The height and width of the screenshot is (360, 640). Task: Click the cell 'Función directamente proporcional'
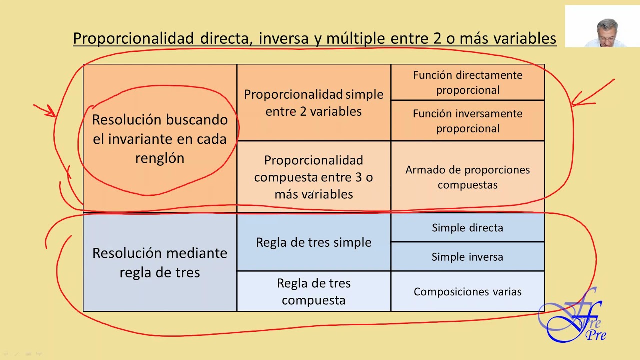pos(467,82)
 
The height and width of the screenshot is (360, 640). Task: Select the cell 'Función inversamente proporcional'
pos(467,121)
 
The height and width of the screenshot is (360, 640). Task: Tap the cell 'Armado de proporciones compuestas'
pos(467,177)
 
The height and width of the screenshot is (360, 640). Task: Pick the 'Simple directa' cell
pos(467,228)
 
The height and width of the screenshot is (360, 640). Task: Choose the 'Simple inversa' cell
pos(467,257)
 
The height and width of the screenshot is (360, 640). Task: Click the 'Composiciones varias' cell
pos(467,291)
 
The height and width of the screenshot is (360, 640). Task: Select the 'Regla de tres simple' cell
pos(313,242)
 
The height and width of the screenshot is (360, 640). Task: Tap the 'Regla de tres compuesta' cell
pos(313,291)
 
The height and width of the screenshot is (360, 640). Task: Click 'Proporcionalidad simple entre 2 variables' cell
pos(313,102)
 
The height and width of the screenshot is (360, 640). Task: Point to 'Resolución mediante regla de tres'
pos(160,262)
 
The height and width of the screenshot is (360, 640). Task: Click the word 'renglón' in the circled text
pos(160,158)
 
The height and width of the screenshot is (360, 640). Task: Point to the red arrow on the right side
pos(592,92)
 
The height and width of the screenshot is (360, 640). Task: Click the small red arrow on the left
pos(45,110)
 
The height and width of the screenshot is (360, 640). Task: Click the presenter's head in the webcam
pos(606,30)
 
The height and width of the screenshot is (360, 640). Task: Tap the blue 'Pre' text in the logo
pos(596,334)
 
